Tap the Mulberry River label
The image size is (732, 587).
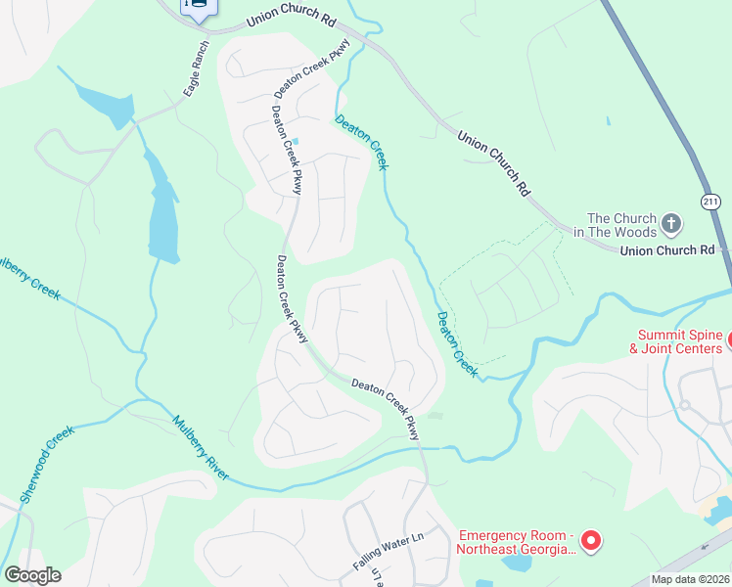201,448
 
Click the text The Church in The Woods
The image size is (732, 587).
620,225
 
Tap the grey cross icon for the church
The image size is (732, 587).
671,224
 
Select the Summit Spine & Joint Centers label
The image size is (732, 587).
676,341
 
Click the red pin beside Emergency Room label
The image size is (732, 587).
590,540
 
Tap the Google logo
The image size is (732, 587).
32,575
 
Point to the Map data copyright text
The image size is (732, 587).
690,579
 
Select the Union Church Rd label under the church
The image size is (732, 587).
667,250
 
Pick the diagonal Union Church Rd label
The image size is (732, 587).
494,161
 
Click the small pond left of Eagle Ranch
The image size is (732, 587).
106,104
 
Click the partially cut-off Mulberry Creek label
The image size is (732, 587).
29,275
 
